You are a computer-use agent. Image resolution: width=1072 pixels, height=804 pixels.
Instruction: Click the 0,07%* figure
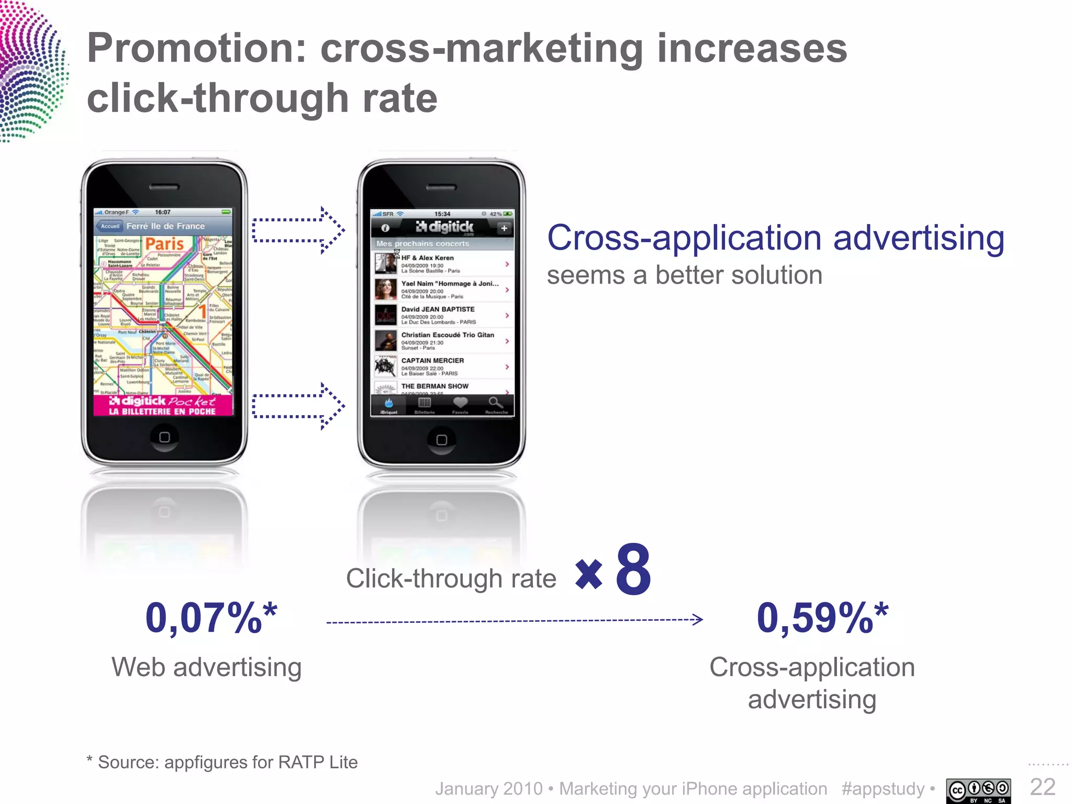tap(211, 618)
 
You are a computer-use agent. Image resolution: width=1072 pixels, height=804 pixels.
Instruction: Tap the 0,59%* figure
tap(822, 618)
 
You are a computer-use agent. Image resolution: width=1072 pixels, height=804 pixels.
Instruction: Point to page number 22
tap(1043, 787)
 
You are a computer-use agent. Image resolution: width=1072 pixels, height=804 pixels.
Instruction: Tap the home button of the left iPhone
tap(164, 437)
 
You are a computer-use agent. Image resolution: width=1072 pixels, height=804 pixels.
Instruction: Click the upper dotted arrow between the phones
tap(298, 230)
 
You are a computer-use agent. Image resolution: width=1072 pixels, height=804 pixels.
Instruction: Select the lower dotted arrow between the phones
tap(298, 406)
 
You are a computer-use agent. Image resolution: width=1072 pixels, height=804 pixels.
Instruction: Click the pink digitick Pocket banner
tap(163, 406)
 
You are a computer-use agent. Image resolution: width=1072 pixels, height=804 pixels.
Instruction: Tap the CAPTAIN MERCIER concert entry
tap(442, 366)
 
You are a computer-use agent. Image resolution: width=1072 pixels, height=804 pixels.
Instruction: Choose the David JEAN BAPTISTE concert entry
tap(442, 315)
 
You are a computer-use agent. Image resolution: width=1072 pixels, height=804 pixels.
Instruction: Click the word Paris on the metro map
tap(164, 244)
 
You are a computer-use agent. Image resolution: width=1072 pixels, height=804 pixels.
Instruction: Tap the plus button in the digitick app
tap(504, 228)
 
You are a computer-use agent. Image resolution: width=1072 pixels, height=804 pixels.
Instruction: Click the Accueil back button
tap(109, 226)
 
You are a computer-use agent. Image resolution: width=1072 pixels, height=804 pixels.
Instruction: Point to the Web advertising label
tap(207, 667)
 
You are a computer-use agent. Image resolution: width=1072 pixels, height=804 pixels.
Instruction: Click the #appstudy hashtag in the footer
tap(883, 788)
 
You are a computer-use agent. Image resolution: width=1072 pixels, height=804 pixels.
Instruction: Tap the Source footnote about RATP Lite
tap(222, 762)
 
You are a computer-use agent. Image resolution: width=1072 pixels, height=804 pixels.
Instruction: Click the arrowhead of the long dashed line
tap(697, 620)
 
